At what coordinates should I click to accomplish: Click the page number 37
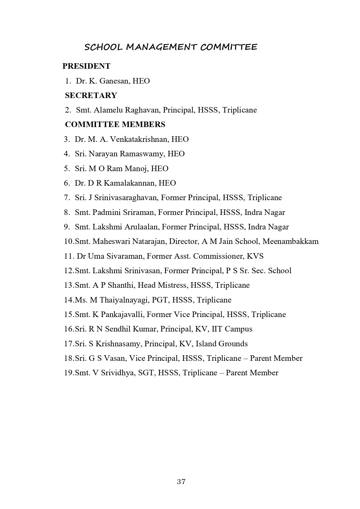tap(181, 482)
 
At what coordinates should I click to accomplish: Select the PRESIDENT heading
tap(86, 66)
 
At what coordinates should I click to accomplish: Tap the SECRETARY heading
tap(91, 95)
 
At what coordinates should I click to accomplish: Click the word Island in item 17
tap(206, 344)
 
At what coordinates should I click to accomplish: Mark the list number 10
tap(69, 242)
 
